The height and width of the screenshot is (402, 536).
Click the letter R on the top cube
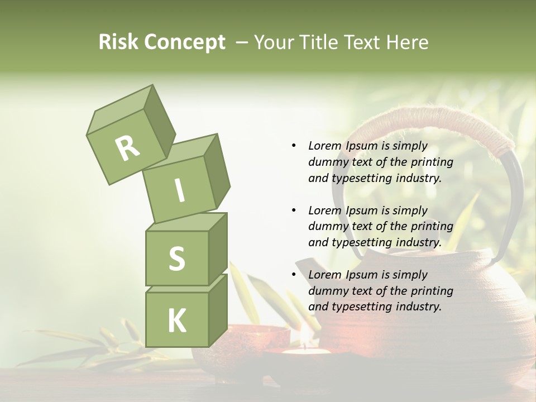pyautogui.click(x=128, y=149)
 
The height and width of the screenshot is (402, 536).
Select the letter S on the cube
pyautogui.click(x=176, y=259)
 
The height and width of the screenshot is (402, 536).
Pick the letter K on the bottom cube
pyautogui.click(x=176, y=321)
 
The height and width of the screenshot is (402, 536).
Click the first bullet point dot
pyautogui.click(x=294, y=146)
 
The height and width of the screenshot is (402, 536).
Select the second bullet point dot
pyautogui.click(x=294, y=210)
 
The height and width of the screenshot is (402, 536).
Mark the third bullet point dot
pyautogui.click(x=294, y=275)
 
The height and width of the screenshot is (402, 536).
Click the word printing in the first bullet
pyautogui.click(x=432, y=162)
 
